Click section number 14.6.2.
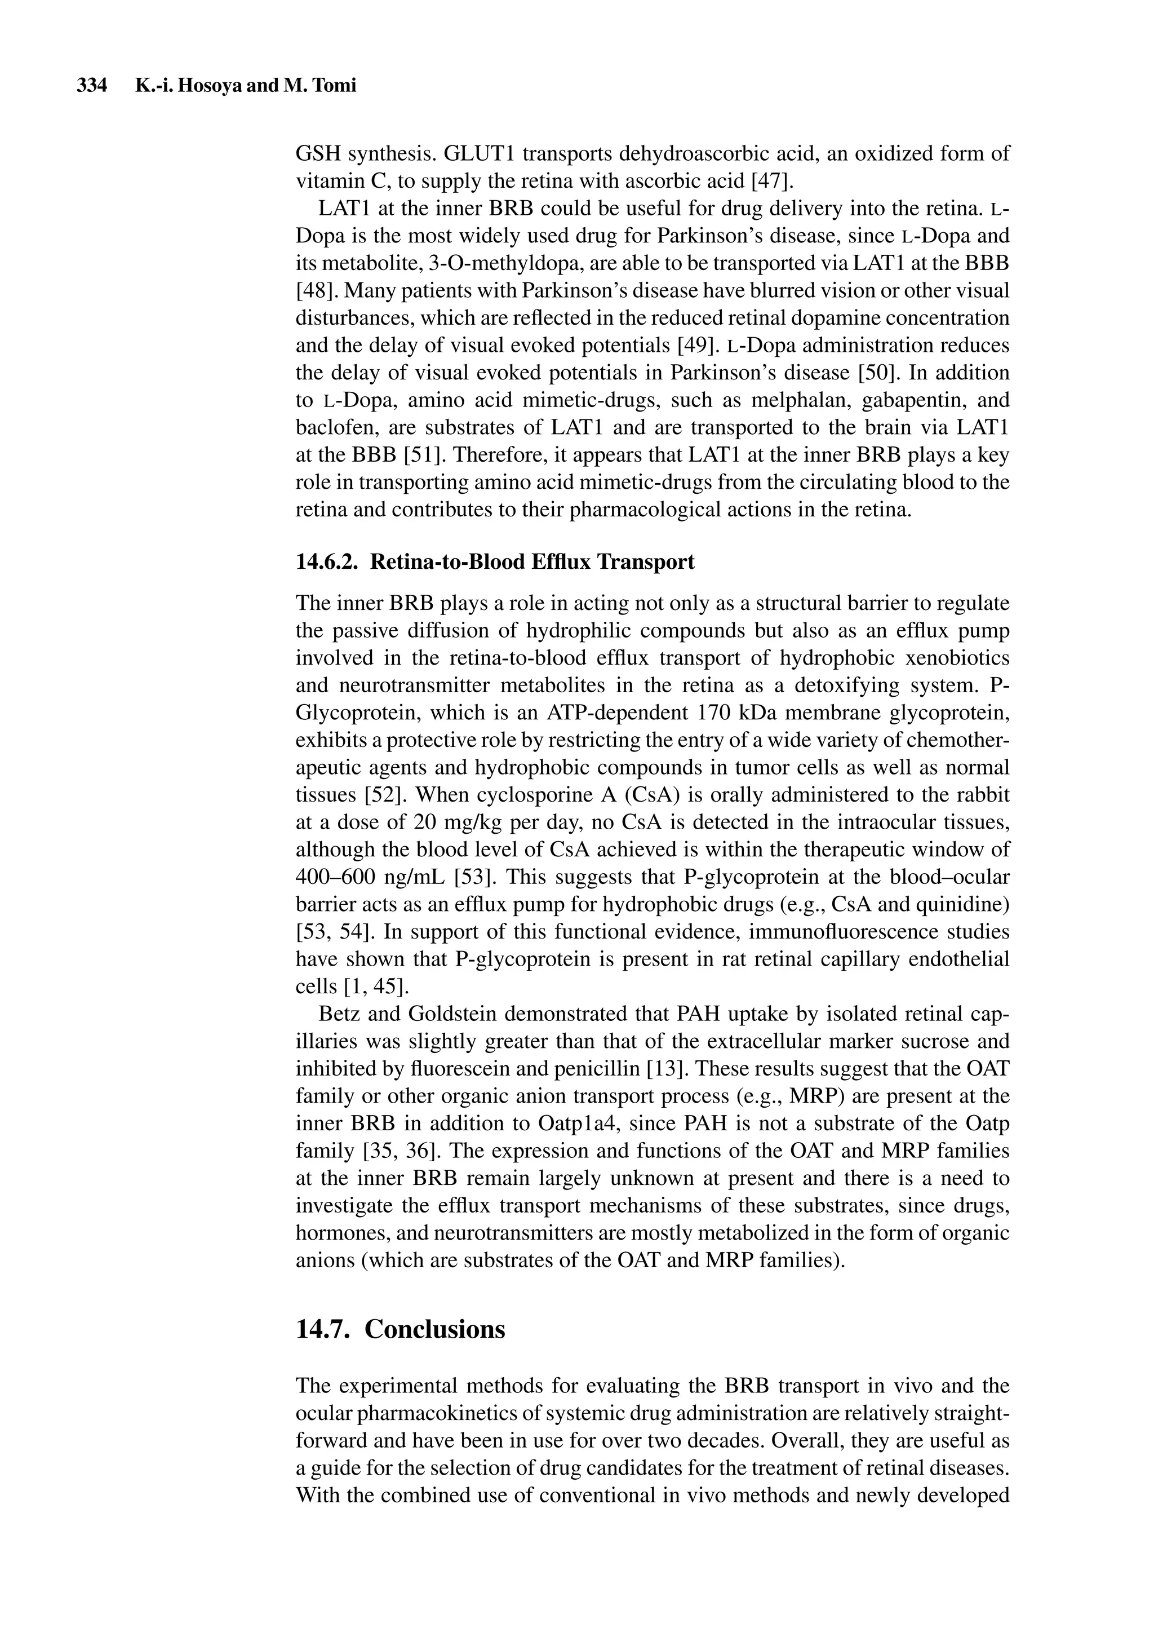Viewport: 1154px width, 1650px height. pyautogui.click(x=327, y=562)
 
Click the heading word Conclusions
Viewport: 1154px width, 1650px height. pyautogui.click(x=435, y=1329)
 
